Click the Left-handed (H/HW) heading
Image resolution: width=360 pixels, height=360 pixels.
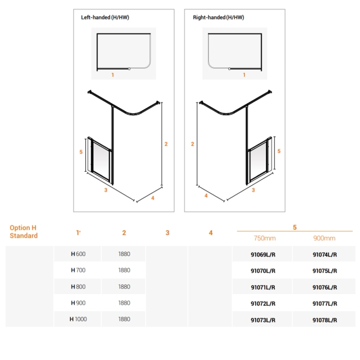pos(105,18)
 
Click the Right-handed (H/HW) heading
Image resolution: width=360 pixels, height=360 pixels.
pos(218,18)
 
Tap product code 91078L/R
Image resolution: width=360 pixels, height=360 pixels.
pos(325,320)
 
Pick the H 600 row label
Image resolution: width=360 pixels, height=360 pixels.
pos(78,254)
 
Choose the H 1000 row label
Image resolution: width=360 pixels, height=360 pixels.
pos(78,319)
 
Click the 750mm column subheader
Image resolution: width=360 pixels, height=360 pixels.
pos(264,238)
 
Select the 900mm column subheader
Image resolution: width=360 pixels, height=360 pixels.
pos(325,238)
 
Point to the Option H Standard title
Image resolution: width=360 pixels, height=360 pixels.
pos(24,232)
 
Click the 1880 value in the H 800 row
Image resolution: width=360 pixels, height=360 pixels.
pos(124,287)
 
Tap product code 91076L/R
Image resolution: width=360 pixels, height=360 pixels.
pos(325,287)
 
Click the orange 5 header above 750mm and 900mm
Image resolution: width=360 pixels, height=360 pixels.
pos(294,227)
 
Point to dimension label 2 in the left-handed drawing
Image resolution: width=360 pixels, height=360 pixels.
pos(166,143)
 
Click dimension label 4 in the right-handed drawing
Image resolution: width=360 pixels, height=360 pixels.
pos(205,196)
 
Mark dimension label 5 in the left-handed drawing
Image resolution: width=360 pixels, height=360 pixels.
pos(81,152)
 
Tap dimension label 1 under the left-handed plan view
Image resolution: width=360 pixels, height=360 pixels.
pos(112,74)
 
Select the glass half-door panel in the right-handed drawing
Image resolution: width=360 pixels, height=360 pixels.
pos(258,162)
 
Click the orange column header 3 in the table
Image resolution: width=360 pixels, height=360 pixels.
pos(167,233)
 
